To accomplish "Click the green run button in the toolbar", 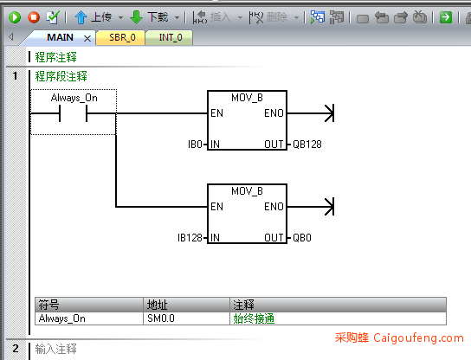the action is click(15, 17).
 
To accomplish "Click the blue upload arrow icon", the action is click(81, 17).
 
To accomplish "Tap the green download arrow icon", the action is click(137, 17).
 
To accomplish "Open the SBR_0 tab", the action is click(122, 37).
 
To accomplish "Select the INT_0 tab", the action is click(171, 37).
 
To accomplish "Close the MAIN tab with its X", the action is click(87, 38).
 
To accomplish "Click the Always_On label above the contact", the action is click(74, 98).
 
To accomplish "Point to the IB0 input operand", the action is click(195, 145).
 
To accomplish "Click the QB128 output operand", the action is click(307, 145).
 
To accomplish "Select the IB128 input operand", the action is click(190, 238).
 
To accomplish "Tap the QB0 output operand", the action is click(302, 238).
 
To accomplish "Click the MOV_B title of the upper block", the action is click(247, 98).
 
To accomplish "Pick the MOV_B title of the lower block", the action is click(247, 191).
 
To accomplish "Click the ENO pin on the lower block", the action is click(274, 207).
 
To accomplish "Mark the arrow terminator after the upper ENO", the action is click(330, 113).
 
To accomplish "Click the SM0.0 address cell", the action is click(161, 318).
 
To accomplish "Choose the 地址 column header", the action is click(157, 305).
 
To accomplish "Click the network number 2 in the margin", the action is click(16, 348).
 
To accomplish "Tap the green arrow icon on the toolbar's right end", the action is click(446, 17).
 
